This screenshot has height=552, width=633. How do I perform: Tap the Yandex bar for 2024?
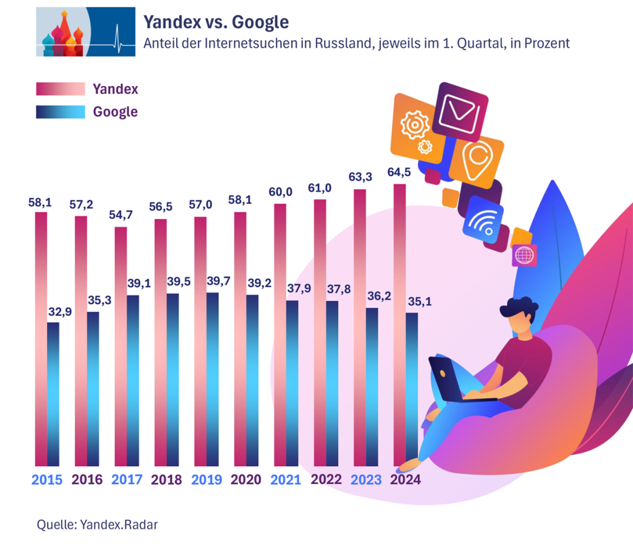coord(399,324)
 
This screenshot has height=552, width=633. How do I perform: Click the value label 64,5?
coord(399,172)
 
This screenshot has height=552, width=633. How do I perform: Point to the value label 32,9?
coord(61,312)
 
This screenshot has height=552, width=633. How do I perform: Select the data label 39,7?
coord(220,282)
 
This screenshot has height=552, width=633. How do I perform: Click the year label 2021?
coord(286,480)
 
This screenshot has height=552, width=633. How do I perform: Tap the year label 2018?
coord(166,480)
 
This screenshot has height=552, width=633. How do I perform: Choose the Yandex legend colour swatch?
coord(60,89)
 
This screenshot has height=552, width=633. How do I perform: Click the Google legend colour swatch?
coord(60,112)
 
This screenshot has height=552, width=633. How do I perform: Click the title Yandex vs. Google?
coord(216,22)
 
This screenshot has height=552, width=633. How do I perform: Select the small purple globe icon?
coord(524,255)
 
